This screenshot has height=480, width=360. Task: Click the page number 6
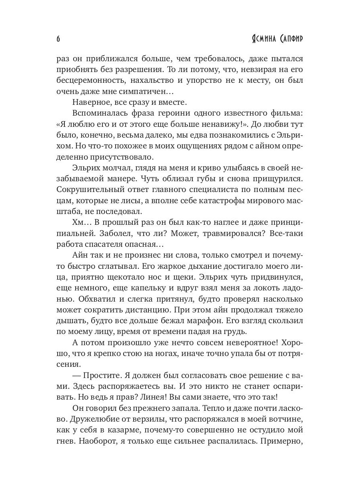pyautogui.click(x=58, y=39)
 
